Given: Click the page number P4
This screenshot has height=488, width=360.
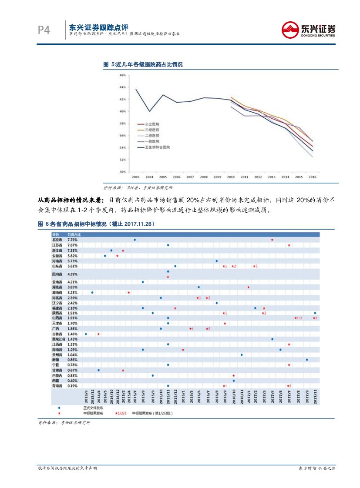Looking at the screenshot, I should tap(44, 30).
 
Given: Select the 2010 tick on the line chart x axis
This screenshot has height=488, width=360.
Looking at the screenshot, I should tap(231, 177).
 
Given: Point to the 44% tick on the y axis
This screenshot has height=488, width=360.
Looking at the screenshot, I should tap(123, 87).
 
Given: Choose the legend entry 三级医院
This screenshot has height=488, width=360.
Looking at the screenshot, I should tap(152, 130).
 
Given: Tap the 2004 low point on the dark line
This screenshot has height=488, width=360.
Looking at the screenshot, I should tap(149, 111).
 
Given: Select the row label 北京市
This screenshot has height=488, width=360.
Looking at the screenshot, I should tap(57, 240).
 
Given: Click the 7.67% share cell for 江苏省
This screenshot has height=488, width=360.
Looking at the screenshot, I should tap(72, 245).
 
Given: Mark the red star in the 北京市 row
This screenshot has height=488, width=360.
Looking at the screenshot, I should tap(272, 240).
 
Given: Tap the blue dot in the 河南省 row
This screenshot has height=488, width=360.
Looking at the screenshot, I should tap(216, 261).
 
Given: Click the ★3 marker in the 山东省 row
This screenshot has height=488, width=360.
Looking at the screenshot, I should tap(255, 266).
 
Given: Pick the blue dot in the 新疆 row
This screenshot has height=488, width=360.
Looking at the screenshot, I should tap(307, 360).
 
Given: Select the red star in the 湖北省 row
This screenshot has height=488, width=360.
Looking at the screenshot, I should tap(248, 287).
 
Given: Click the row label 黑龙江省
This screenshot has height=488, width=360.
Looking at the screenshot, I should tap(58, 339).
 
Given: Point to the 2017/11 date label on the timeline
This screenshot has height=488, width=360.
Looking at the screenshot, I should tap(315, 396).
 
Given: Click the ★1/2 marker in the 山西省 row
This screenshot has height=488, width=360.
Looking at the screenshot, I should tap(298, 318).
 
